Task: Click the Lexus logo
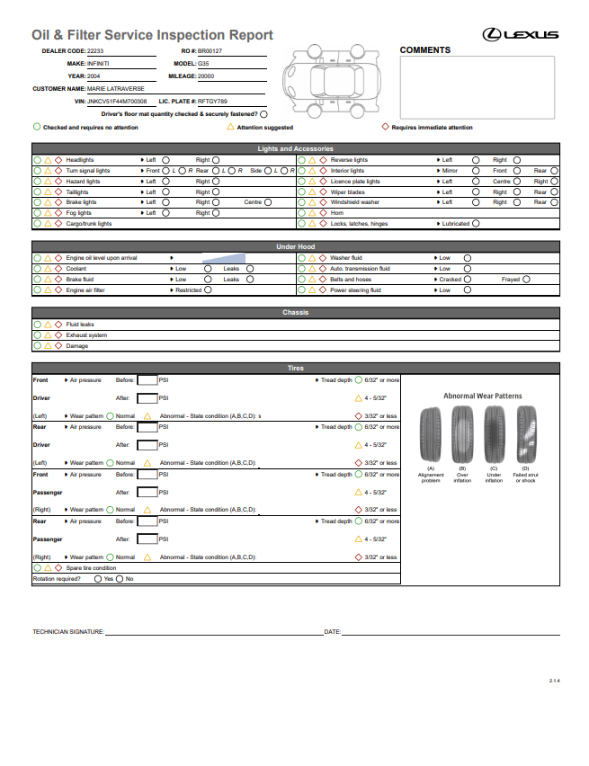[x=521, y=35]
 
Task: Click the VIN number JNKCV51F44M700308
[x=117, y=102]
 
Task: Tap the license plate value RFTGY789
[x=212, y=102]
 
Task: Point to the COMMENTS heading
[x=424, y=50]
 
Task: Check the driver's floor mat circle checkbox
[x=263, y=114]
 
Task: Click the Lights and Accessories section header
[x=295, y=148]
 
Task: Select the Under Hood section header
[x=295, y=246]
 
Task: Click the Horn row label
[x=336, y=213]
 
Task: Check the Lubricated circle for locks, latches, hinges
[x=476, y=224]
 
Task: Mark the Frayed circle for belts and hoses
[x=527, y=280]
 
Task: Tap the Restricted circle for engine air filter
[x=208, y=290]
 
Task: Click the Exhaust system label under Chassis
[x=86, y=335]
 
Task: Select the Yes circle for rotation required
[x=98, y=579]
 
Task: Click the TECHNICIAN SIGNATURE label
[x=68, y=633]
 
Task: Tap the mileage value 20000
[x=206, y=76]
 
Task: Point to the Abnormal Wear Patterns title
[x=482, y=396]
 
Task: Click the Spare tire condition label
[x=91, y=568]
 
